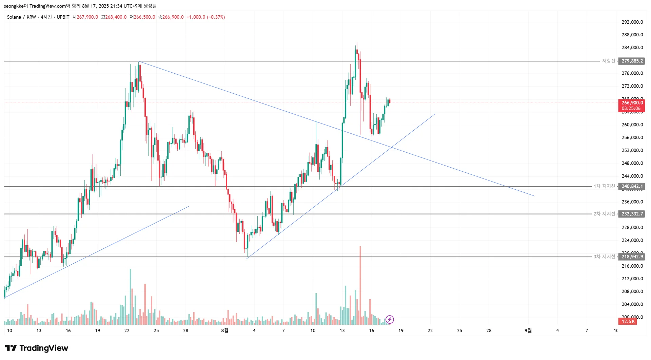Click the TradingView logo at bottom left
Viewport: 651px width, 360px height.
36,348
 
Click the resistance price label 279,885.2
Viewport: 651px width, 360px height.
632,61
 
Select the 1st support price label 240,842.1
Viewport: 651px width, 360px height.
632,186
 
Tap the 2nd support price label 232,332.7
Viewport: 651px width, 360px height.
632,214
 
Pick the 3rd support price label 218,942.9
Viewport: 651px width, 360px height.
632,257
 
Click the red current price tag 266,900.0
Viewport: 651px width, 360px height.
632,103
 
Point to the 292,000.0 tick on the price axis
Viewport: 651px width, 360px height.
632,22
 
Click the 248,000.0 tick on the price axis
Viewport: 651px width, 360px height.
632,163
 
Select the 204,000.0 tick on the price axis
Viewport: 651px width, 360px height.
632,304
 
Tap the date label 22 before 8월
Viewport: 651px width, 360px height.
127,330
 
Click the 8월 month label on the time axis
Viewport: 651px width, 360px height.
224,330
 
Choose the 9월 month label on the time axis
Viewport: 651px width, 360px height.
528,330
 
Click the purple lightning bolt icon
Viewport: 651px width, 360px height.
390,319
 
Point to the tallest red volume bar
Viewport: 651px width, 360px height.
360,285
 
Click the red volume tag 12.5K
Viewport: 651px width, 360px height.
628,321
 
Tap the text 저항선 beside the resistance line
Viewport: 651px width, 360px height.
608,61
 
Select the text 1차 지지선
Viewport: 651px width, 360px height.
604,186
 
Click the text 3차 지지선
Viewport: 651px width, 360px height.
604,257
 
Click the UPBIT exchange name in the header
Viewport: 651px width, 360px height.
63,17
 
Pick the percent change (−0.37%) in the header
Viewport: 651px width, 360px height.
216,17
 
